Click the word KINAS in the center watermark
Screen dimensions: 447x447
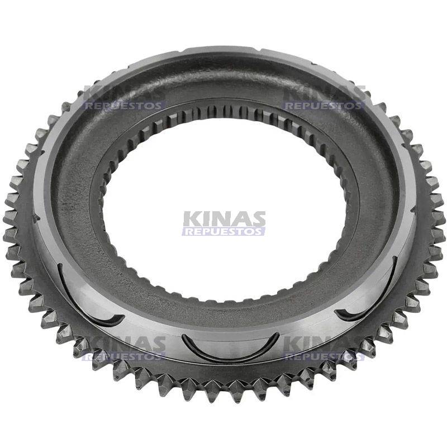pyautogui.click(x=223, y=218)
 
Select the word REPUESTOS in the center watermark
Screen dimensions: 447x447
pyautogui.click(x=223, y=231)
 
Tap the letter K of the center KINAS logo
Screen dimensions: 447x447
pyautogui.click(x=191, y=218)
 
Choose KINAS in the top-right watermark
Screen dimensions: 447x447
pyautogui.click(x=324, y=93)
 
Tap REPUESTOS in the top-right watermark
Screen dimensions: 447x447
pyautogui.click(x=324, y=105)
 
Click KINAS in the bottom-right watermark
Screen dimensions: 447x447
pyautogui.click(x=324, y=344)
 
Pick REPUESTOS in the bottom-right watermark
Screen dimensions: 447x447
pyautogui.click(x=324, y=356)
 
